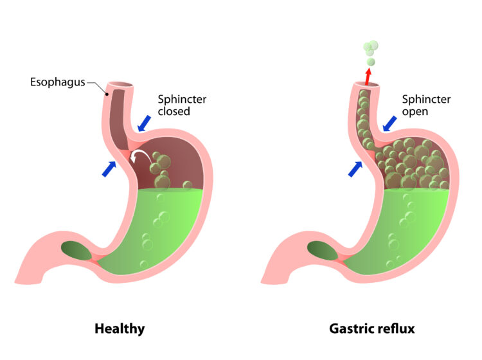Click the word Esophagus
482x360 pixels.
[x=57, y=82]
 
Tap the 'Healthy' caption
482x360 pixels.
[x=120, y=328]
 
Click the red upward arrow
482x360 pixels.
[x=368, y=76]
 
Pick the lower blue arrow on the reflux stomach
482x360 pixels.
[x=355, y=168]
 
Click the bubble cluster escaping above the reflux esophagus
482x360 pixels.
[x=370, y=50]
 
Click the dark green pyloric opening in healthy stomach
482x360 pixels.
[x=76, y=249]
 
